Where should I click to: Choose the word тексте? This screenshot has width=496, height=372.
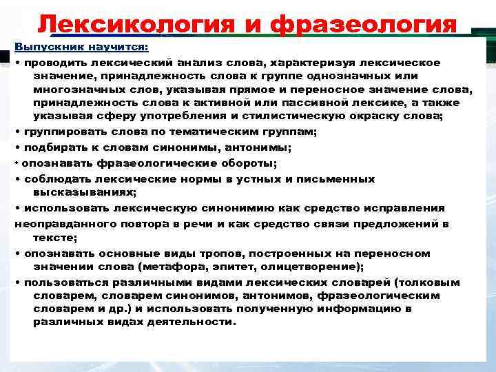pos(54,236)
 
